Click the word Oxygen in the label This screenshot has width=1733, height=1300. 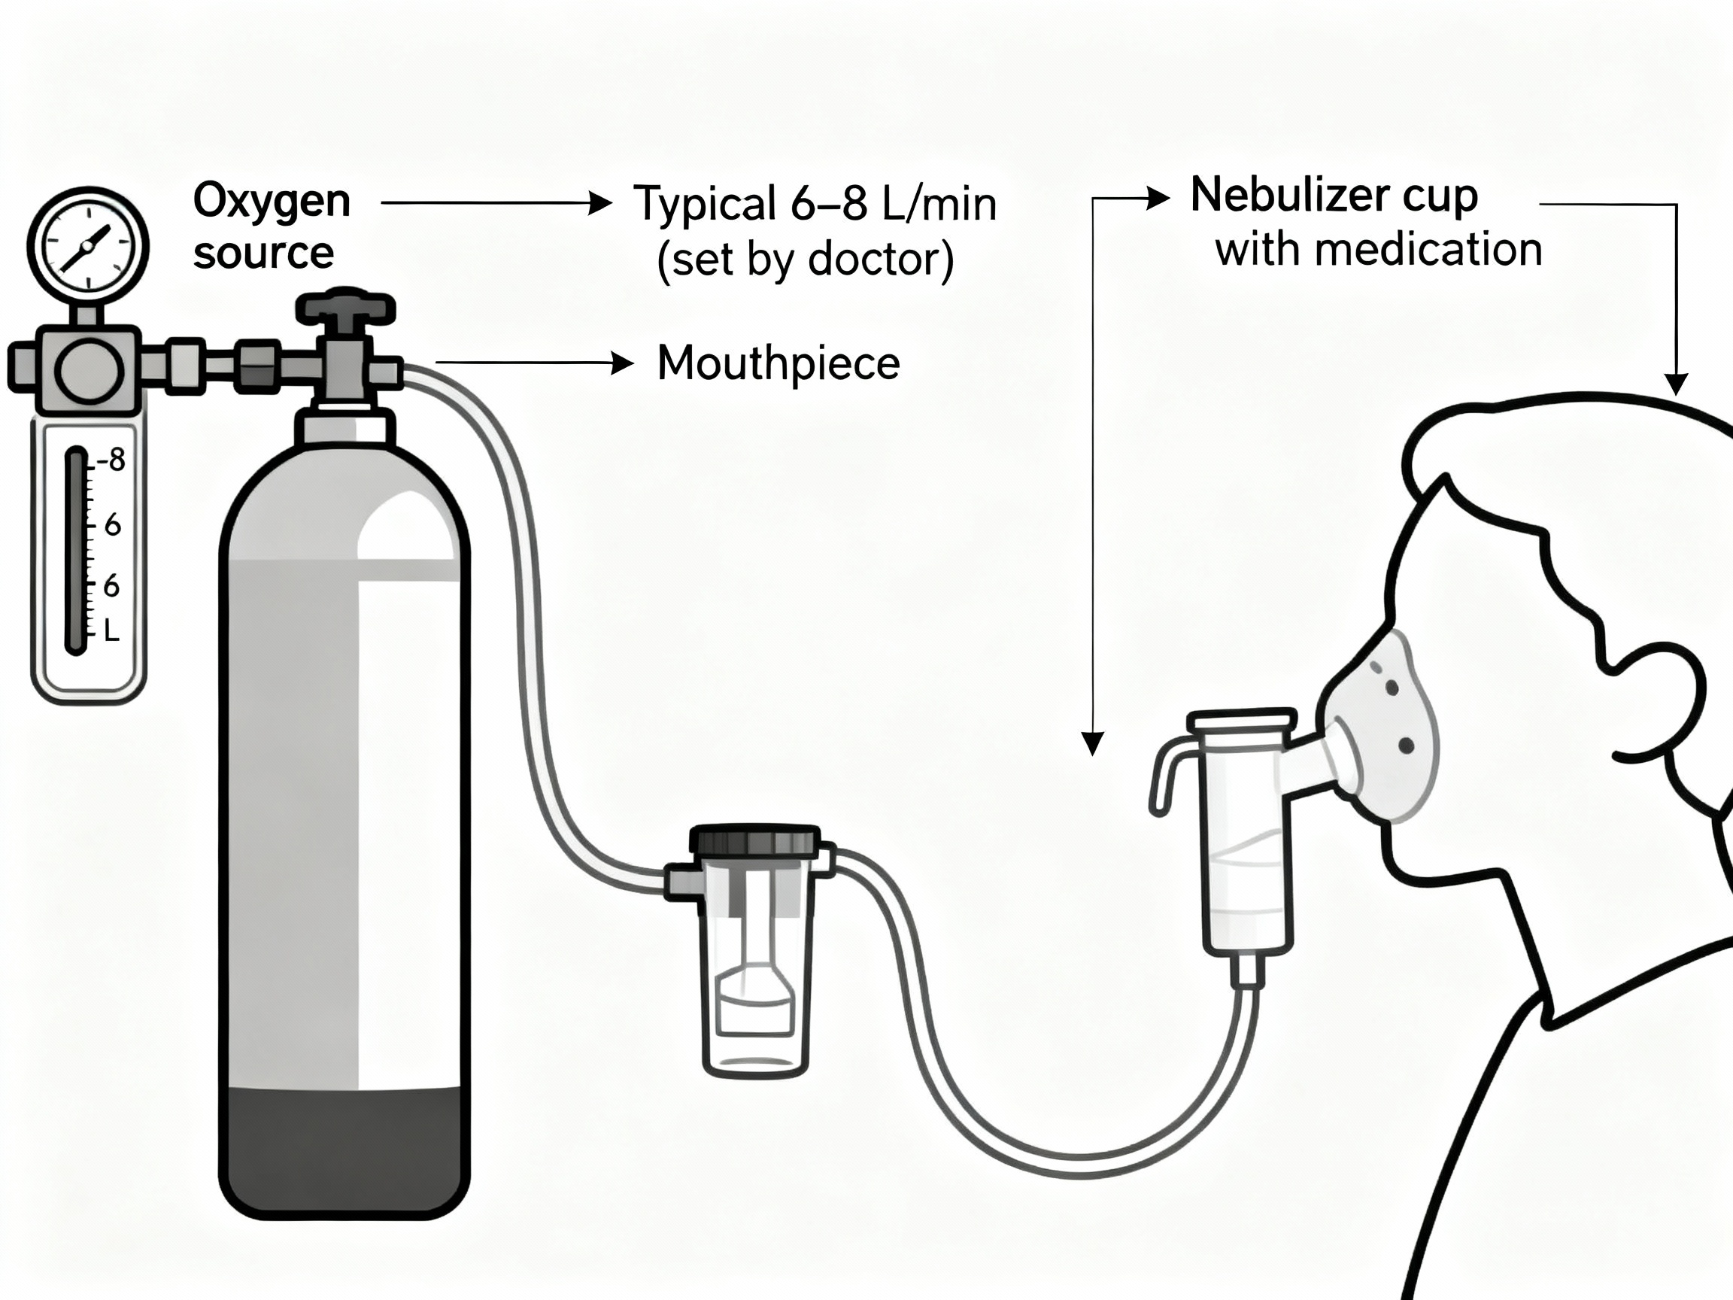[x=271, y=202]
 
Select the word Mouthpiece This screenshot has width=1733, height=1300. [x=778, y=363]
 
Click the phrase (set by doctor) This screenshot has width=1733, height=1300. [x=806, y=260]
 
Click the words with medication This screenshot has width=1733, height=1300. [x=1378, y=250]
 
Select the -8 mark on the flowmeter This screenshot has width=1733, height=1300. [x=111, y=460]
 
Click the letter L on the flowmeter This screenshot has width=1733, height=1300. [x=112, y=632]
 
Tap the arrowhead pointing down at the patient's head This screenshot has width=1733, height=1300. [x=1676, y=384]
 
